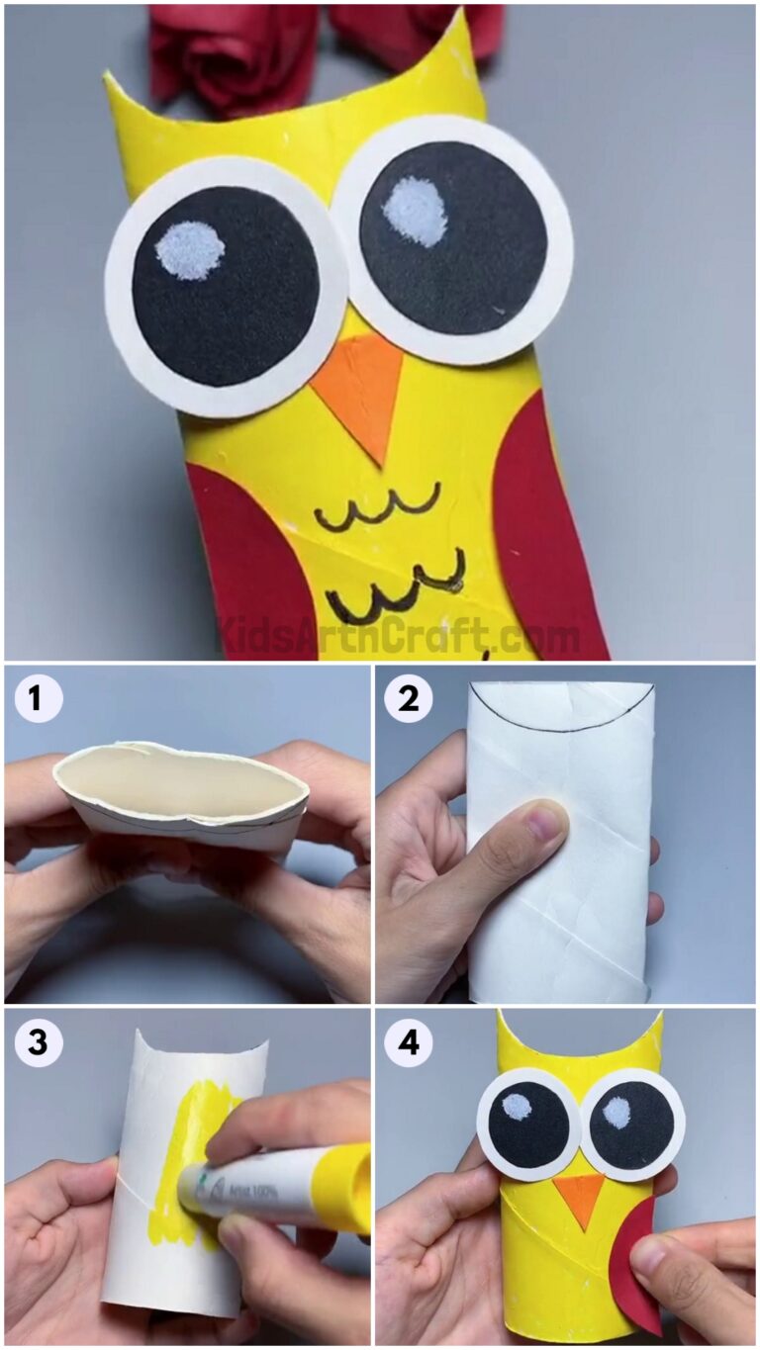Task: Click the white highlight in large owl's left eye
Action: tap(190, 250)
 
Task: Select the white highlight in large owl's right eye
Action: tap(415, 210)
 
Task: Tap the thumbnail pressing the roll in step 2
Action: tap(545, 820)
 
